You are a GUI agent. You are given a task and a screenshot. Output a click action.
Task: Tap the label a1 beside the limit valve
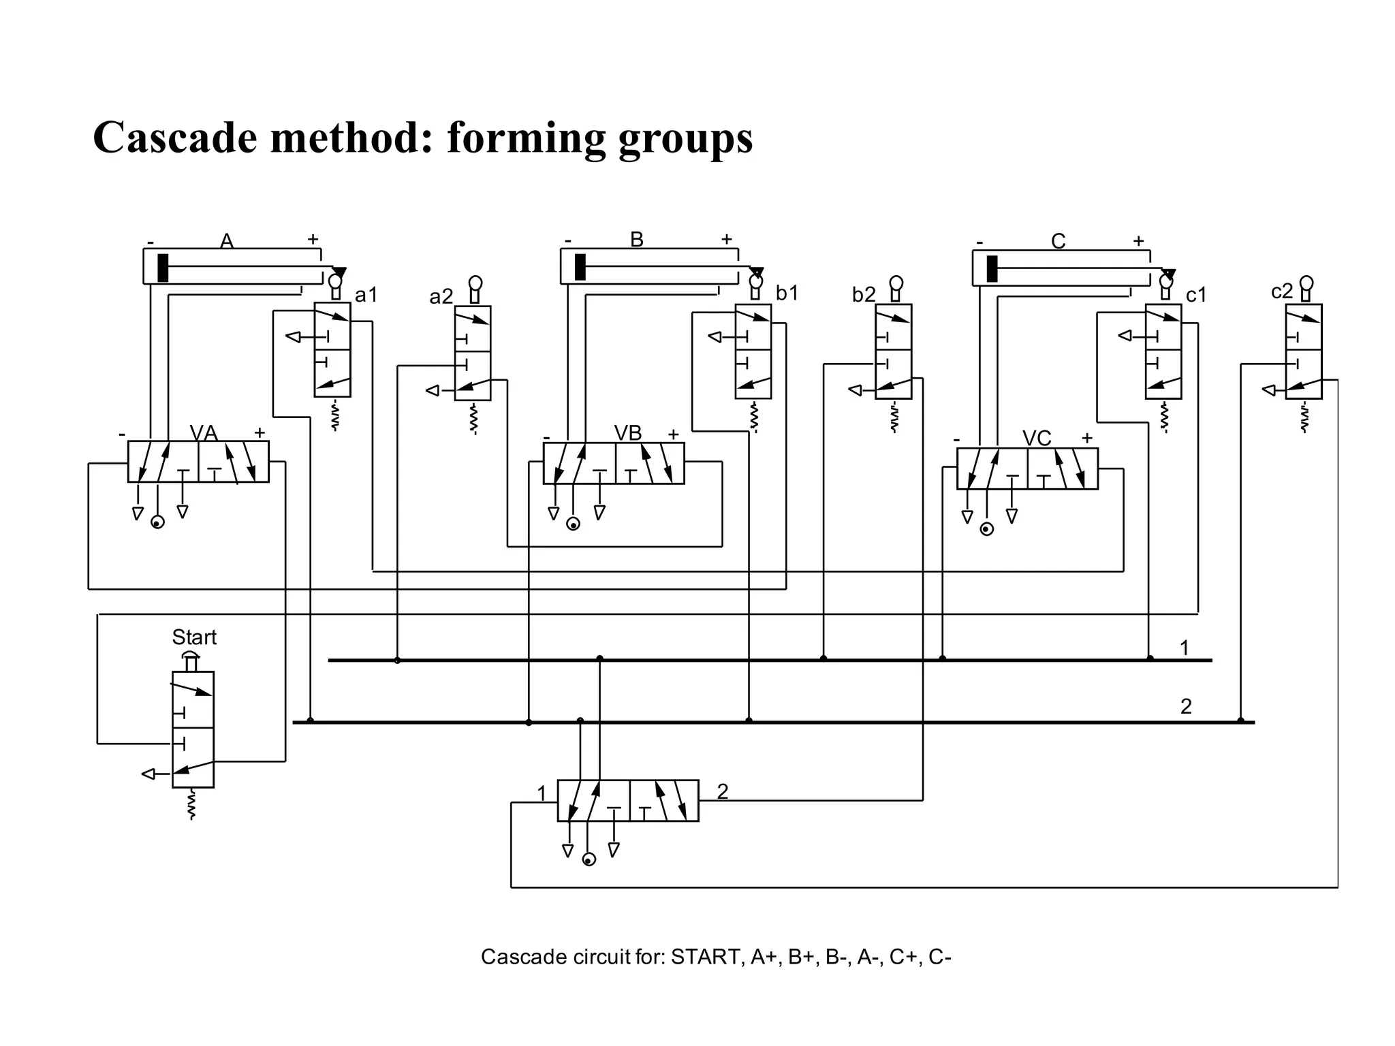point(366,295)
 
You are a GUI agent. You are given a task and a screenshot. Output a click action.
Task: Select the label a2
point(441,297)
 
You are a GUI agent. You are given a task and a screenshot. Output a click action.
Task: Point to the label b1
point(787,294)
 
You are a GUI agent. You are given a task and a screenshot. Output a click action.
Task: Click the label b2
point(864,295)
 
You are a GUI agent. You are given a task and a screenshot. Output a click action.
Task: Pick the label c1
point(1196,295)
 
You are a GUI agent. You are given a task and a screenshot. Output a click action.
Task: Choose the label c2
point(1282,291)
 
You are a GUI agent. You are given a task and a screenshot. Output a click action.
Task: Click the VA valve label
point(203,433)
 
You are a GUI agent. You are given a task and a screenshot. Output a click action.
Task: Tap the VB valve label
point(627,433)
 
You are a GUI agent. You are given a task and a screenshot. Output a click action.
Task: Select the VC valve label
point(1037,439)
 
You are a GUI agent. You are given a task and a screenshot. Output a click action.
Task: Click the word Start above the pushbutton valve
point(194,637)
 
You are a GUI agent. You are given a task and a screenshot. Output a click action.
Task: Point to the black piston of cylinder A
point(163,267)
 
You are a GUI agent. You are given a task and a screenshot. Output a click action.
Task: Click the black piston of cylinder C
point(992,268)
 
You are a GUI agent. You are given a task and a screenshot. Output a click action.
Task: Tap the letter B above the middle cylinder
point(637,240)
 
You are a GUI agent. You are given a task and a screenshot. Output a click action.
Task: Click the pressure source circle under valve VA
point(157,523)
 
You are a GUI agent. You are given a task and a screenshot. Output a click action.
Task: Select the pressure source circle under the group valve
point(589,860)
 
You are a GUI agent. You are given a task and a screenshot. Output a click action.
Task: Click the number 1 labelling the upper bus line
point(1185,648)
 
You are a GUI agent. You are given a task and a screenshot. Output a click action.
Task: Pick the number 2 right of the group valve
point(723,791)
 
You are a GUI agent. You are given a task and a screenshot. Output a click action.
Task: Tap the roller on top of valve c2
point(1306,283)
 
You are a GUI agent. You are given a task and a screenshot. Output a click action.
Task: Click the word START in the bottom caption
point(706,957)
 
